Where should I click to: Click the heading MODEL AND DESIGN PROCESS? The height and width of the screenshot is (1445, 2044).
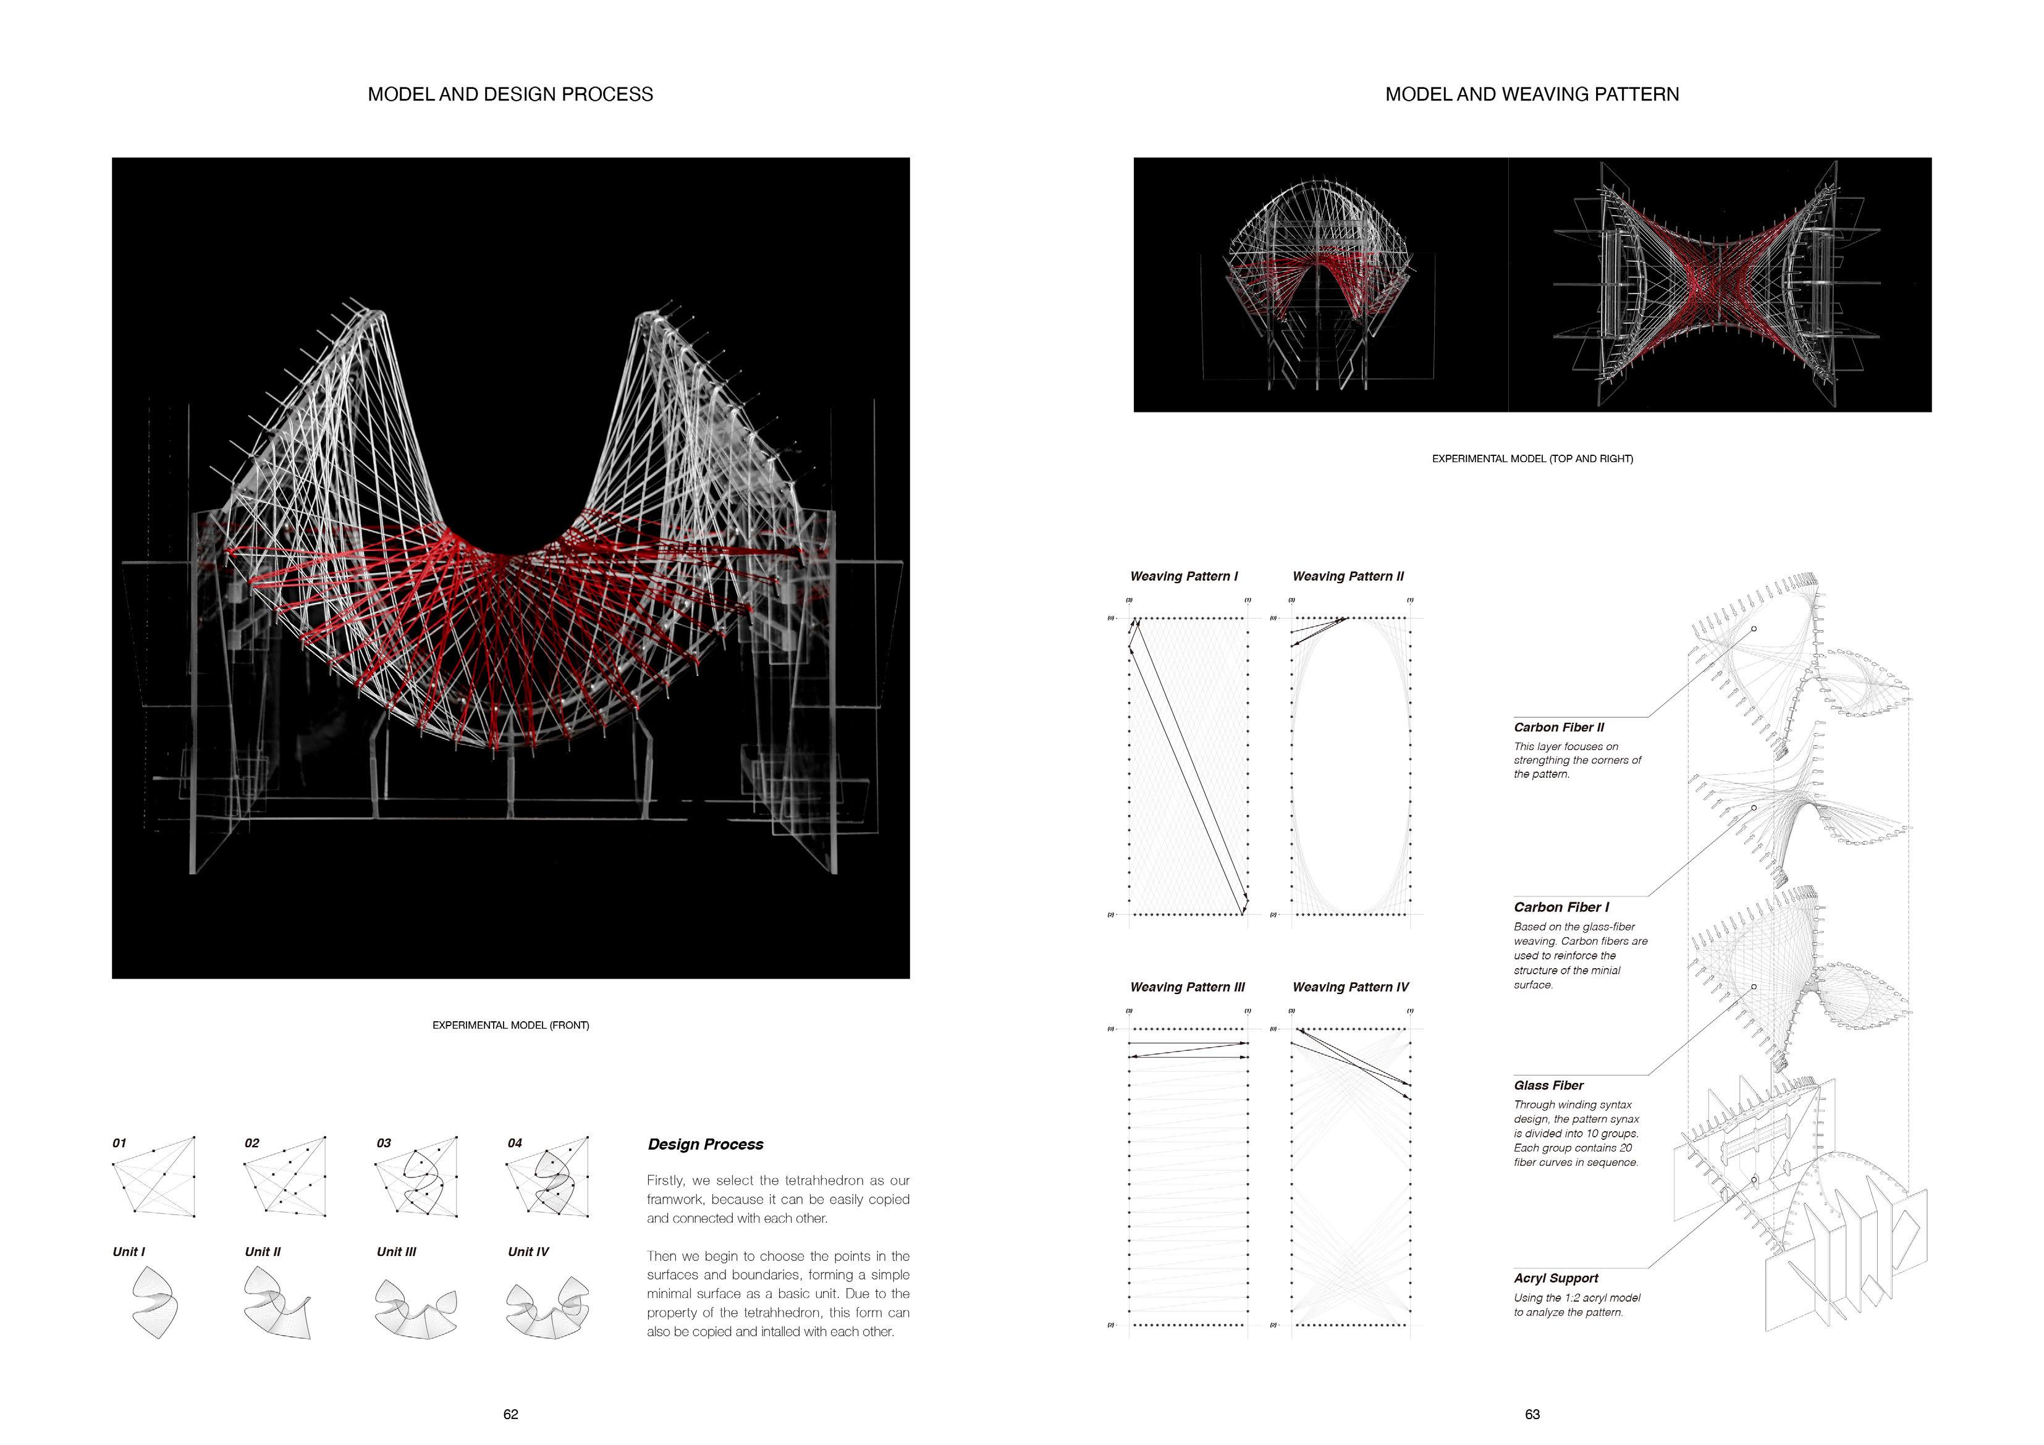(510, 95)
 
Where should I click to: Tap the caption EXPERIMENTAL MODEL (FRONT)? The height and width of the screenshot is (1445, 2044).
(510, 1025)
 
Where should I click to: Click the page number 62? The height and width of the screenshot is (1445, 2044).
(510, 1414)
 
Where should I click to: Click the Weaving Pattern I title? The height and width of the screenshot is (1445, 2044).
(1183, 576)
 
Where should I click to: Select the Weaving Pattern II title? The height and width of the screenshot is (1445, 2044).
(1348, 576)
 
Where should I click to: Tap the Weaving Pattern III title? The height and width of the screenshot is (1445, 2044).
(1187, 987)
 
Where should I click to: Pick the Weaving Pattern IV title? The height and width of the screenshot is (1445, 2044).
(1351, 987)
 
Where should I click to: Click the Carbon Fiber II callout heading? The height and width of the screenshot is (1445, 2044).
(1559, 727)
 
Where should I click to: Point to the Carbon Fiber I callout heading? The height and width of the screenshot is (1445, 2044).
(1561, 908)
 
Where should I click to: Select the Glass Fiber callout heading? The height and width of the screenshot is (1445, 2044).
(1548, 1085)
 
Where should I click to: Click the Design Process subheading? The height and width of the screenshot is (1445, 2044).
(705, 1144)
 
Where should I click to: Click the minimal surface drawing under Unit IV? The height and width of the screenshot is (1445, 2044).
(547, 1309)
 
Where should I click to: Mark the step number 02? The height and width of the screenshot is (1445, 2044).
(252, 1143)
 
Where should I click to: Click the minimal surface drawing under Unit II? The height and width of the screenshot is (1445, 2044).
(278, 1304)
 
